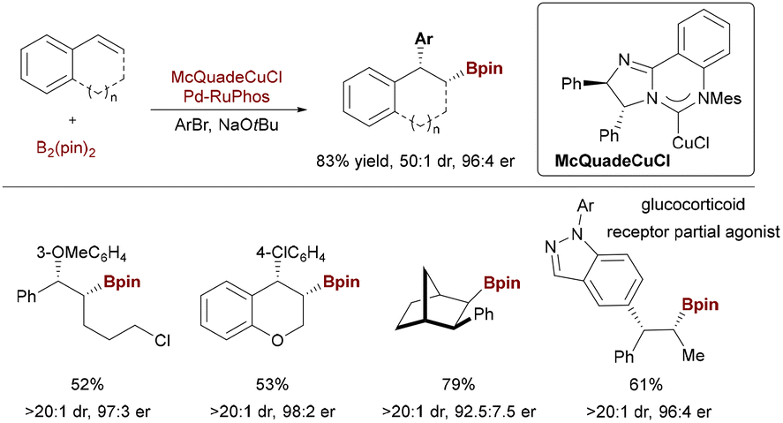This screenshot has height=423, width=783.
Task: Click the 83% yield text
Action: pos(375,162)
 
